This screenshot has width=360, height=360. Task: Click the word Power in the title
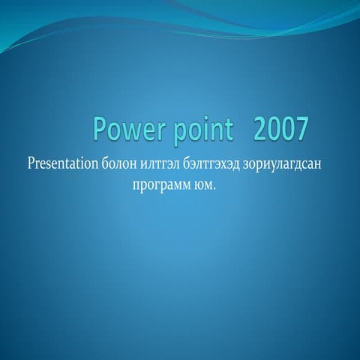[124, 130]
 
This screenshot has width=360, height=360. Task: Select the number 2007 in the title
[280, 130]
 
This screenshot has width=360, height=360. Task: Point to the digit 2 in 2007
[260, 130]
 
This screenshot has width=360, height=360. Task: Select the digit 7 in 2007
[301, 130]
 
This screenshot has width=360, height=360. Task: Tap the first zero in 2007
[274, 130]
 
